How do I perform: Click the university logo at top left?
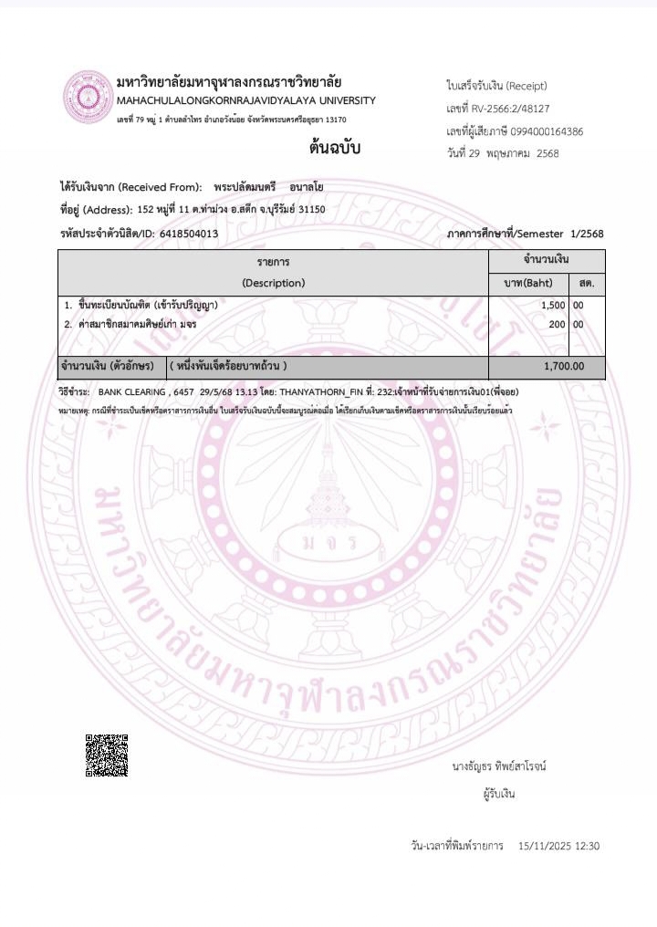(86, 97)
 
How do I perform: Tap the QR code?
(107, 755)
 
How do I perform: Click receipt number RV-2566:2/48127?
(510, 109)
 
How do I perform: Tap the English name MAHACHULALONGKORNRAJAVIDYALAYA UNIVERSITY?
(245, 100)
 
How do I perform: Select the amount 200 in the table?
(558, 324)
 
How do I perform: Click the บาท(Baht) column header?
(528, 283)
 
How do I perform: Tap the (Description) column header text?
(274, 283)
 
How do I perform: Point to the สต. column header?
(587, 283)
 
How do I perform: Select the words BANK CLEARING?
(131, 391)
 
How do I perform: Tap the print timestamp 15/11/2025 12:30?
(558, 847)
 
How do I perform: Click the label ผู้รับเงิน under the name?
(499, 794)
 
